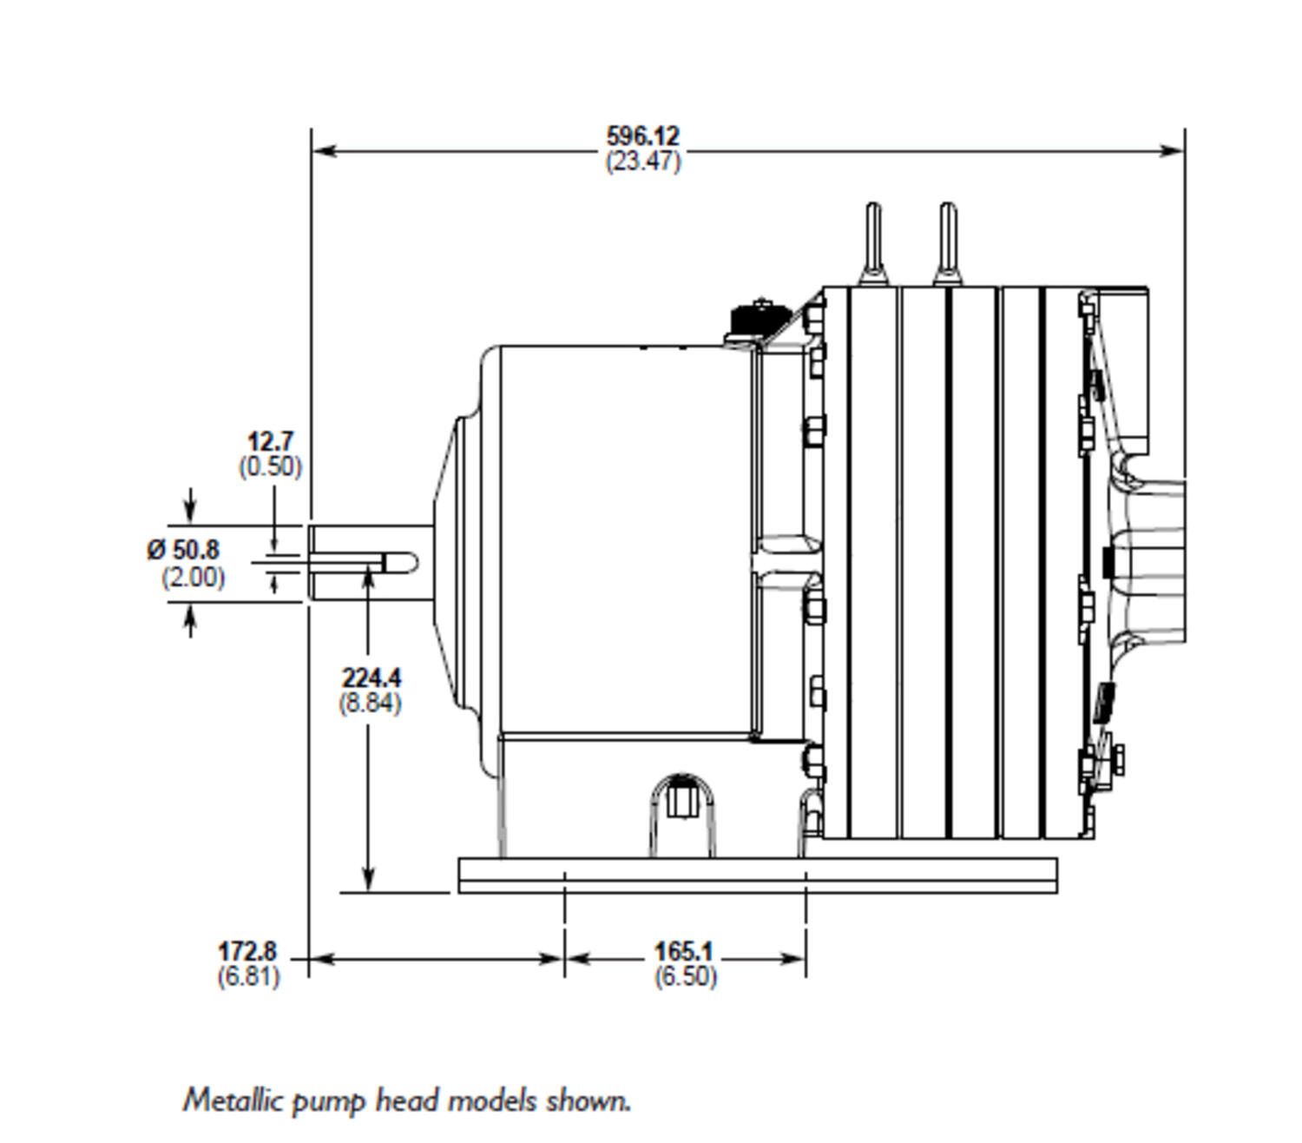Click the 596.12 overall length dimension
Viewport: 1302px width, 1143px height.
point(642,136)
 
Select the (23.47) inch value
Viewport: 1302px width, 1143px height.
point(642,161)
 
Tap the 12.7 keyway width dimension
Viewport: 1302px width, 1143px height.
point(270,442)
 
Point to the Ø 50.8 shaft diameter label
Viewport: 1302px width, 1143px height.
point(183,550)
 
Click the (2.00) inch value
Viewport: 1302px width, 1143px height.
point(193,578)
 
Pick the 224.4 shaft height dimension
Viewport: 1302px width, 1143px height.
point(371,678)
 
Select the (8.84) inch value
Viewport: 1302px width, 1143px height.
point(370,703)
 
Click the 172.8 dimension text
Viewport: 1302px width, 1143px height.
point(247,951)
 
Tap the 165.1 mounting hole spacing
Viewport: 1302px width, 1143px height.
point(684,951)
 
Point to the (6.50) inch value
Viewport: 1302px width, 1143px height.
point(685,975)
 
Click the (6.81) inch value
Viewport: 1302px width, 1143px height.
point(249,976)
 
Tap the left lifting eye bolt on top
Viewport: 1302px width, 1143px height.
point(873,243)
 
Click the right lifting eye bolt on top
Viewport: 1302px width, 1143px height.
point(948,243)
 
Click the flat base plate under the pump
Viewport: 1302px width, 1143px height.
point(758,875)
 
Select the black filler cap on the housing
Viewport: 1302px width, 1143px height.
point(759,321)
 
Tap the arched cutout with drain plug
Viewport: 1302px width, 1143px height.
point(682,815)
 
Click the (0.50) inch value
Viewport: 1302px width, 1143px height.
point(270,466)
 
